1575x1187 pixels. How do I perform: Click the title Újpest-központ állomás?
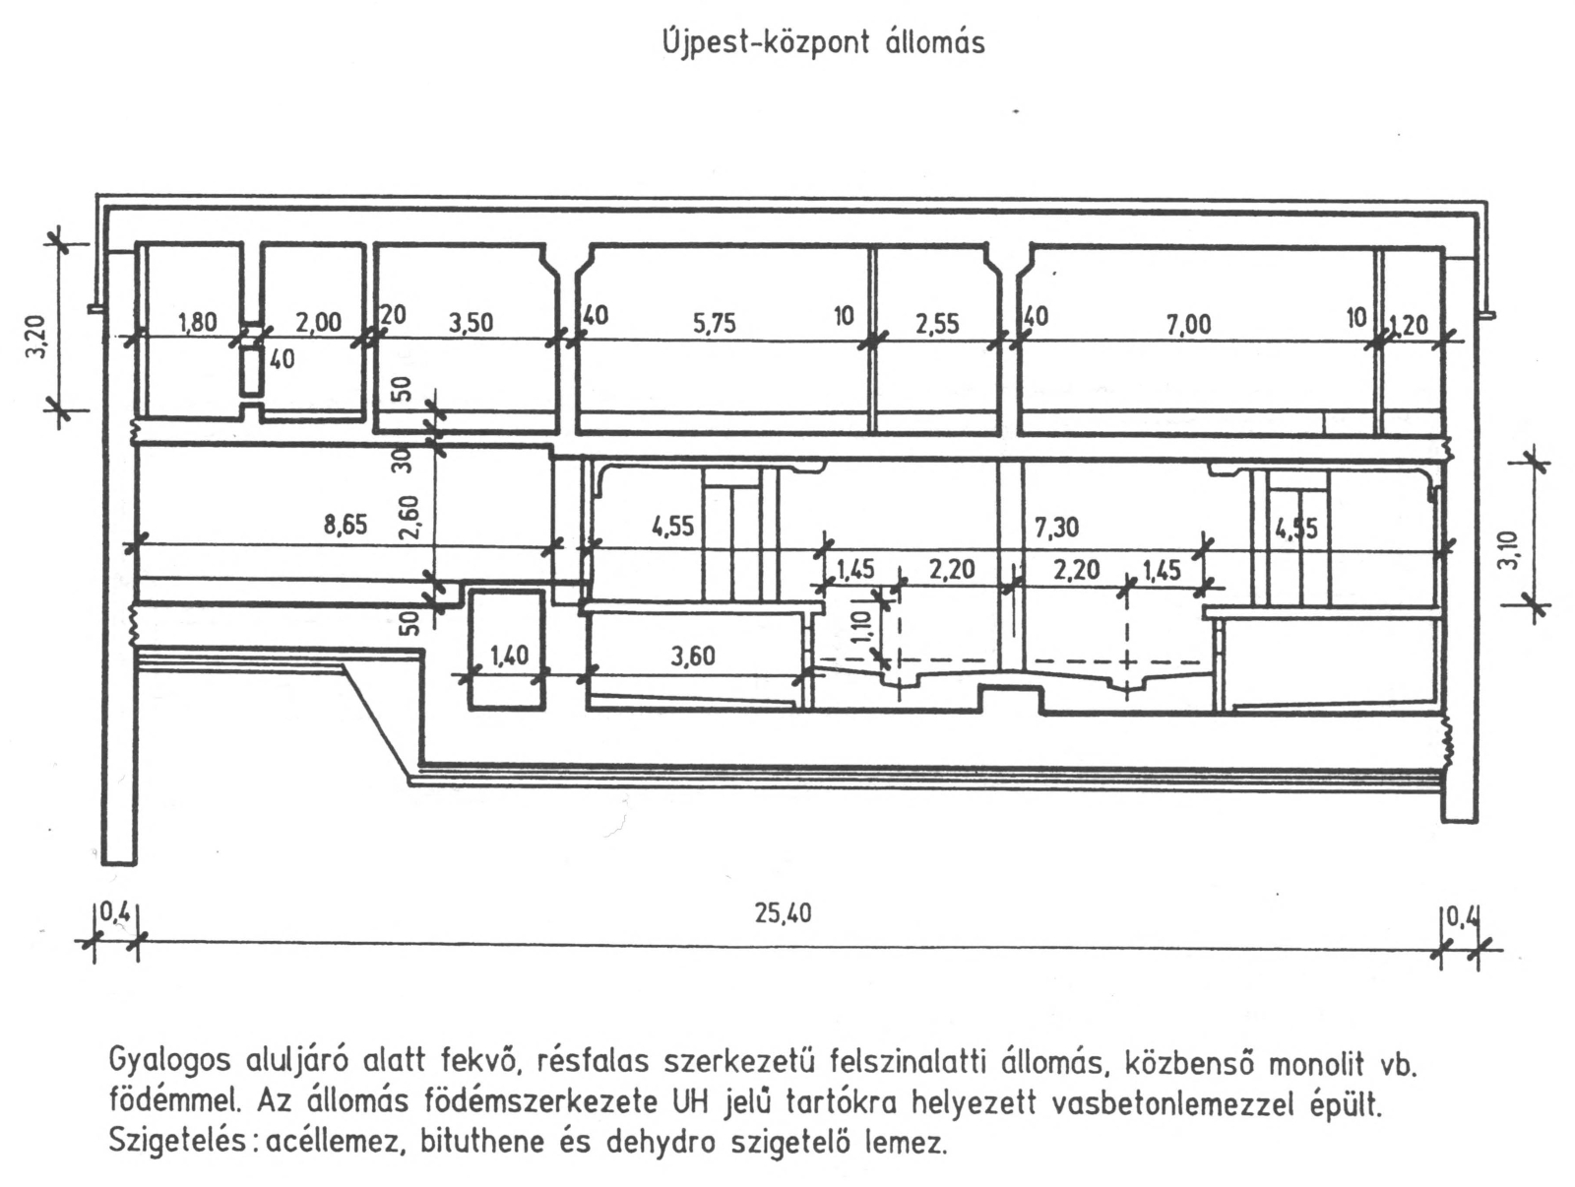(x=823, y=43)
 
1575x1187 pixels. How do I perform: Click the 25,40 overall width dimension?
(x=783, y=913)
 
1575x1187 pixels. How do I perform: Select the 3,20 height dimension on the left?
(x=36, y=336)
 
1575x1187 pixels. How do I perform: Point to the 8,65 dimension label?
(x=346, y=525)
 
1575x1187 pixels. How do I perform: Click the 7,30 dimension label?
(x=1056, y=528)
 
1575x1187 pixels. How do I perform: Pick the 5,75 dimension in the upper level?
(x=714, y=323)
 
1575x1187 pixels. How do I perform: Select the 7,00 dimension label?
(x=1188, y=323)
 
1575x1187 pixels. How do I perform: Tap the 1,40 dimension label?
(x=508, y=655)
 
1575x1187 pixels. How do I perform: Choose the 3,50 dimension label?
(x=471, y=323)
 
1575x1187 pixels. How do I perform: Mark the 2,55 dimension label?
(x=936, y=323)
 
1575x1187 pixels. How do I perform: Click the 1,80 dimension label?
(x=197, y=322)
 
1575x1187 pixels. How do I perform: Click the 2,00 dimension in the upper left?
(x=318, y=322)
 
